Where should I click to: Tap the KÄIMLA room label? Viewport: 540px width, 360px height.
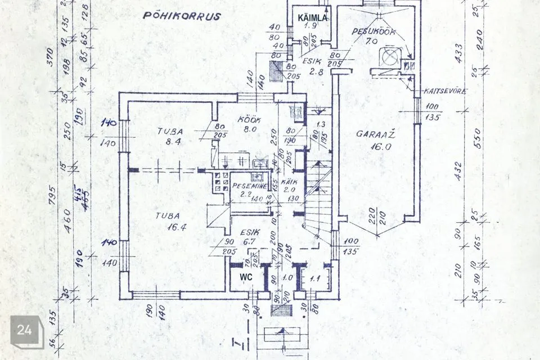pyautogui.click(x=313, y=18)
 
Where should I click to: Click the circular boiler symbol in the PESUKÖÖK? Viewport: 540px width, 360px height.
pyautogui.click(x=389, y=57)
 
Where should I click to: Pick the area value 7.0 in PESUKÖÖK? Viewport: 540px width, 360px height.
pyautogui.click(x=371, y=41)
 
